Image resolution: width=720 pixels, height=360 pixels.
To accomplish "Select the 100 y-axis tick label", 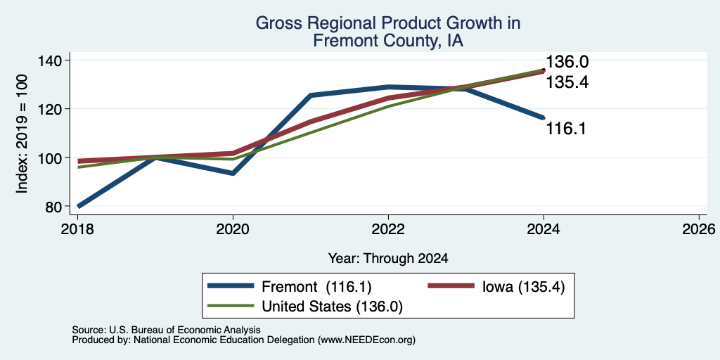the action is click(x=56, y=158).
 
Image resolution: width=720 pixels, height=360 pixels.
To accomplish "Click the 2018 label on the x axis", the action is click(x=77, y=229).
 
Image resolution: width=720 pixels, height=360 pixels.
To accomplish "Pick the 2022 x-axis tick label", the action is click(x=388, y=229).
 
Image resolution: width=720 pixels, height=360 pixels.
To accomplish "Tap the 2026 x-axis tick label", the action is click(x=699, y=229).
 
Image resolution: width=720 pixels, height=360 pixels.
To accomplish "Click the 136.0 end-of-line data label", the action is click(x=567, y=62).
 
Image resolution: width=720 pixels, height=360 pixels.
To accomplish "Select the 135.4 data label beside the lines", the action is click(x=567, y=82).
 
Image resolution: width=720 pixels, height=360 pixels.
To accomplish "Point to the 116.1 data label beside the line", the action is click(x=566, y=129).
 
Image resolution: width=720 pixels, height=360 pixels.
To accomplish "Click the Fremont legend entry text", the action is click(x=316, y=287).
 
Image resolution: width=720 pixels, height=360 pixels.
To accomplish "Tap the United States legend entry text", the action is click(x=332, y=307).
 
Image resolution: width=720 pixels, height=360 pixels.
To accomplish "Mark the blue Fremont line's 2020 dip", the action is click(x=233, y=174).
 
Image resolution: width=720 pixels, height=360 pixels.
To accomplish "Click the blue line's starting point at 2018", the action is click(x=78, y=206).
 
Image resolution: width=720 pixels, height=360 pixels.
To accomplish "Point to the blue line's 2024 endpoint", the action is click(x=544, y=117).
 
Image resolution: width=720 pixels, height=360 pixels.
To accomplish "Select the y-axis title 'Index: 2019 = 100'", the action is click(x=22, y=134).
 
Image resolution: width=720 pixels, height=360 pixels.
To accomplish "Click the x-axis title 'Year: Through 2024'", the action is click(x=388, y=259).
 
